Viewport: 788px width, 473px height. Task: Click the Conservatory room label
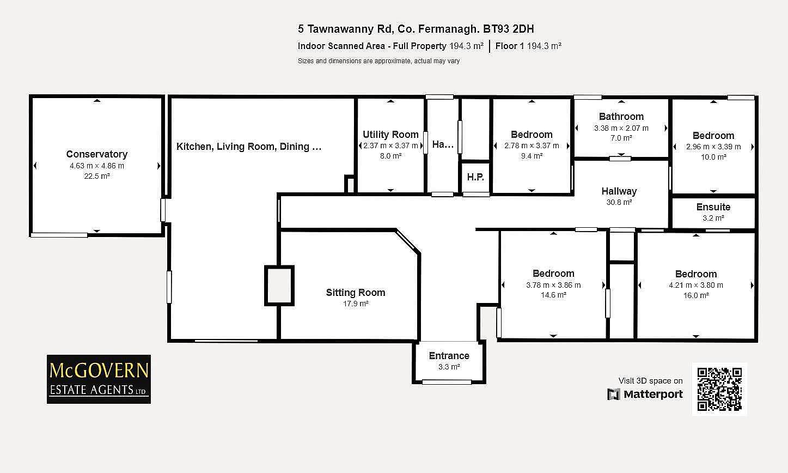[97, 154]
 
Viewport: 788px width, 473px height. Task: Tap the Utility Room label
[390, 135]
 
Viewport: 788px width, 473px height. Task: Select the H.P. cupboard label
[475, 177]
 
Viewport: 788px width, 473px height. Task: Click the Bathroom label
[621, 117]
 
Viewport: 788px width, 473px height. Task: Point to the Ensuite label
[713, 207]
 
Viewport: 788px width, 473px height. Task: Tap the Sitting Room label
[355, 293]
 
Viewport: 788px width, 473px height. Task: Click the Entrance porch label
[449, 356]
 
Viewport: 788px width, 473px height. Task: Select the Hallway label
[619, 191]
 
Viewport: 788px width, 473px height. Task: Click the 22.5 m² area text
[97, 176]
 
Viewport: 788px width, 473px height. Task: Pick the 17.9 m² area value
[356, 304]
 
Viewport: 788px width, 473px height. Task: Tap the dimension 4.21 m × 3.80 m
[696, 285]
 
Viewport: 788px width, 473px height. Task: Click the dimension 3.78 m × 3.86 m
[553, 285]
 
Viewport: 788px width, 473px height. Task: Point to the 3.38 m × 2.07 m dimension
[621, 128]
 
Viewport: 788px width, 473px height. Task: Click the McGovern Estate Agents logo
[99, 379]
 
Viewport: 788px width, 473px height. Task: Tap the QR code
[719, 389]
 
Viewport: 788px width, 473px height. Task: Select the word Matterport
[653, 394]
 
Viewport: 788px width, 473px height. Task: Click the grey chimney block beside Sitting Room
[279, 286]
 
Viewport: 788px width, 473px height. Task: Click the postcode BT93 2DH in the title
[508, 29]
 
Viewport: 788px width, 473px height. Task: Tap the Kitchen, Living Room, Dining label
[249, 147]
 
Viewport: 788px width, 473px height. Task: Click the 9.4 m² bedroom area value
[532, 156]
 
